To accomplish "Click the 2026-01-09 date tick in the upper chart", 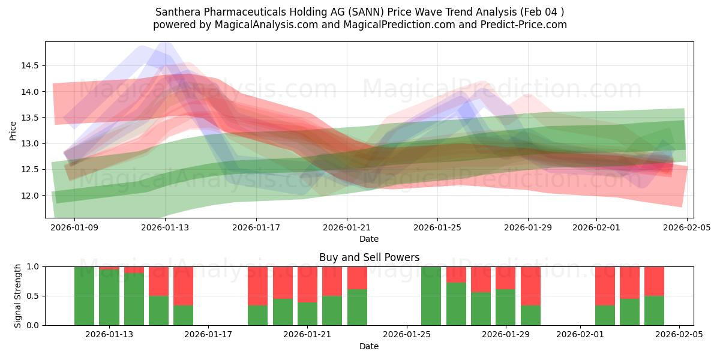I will [74, 227].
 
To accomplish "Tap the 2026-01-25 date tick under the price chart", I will [437, 227].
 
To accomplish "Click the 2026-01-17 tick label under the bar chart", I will [208, 334].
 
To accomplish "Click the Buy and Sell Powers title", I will [369, 257].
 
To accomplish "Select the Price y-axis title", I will [13, 130].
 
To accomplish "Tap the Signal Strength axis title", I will [18, 296].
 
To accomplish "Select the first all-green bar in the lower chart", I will [84, 296].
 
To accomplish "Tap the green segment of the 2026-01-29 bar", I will [505, 307].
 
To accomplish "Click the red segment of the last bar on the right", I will [654, 281].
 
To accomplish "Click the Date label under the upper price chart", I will [369, 239].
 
